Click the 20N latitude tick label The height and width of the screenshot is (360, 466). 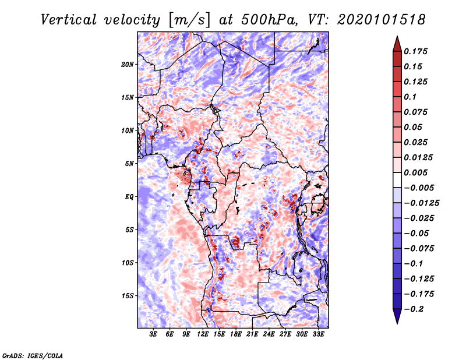click(128, 65)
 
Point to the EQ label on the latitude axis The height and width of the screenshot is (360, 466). click(129, 197)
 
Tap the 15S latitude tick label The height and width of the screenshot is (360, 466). click(128, 296)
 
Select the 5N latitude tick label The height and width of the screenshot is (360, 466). click(129, 164)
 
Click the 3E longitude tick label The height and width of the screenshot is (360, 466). click(153, 334)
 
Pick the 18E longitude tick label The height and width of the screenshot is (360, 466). click(235, 334)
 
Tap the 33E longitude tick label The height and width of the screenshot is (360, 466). click(318, 334)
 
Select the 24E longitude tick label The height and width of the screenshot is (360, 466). click(269, 334)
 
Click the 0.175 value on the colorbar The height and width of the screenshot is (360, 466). click(415, 51)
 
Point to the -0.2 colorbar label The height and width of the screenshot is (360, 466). click(414, 309)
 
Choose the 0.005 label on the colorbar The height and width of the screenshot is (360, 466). click(415, 172)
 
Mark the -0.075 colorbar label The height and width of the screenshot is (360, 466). click(419, 249)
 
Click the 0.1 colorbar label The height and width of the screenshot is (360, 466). click(410, 97)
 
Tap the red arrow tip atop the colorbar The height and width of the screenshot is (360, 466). click(397, 37)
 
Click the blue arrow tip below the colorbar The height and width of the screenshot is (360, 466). click(397, 323)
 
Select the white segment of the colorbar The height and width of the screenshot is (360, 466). click(397, 180)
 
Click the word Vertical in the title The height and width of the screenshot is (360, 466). click(69, 20)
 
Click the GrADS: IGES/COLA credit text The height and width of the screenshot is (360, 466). click(33, 355)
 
